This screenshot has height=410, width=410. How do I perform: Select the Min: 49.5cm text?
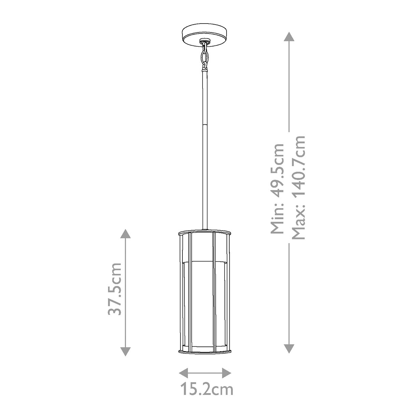click(x=277, y=188)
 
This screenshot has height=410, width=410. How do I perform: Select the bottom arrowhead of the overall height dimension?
click(x=289, y=348)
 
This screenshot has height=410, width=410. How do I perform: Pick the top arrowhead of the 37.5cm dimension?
click(x=125, y=234)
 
